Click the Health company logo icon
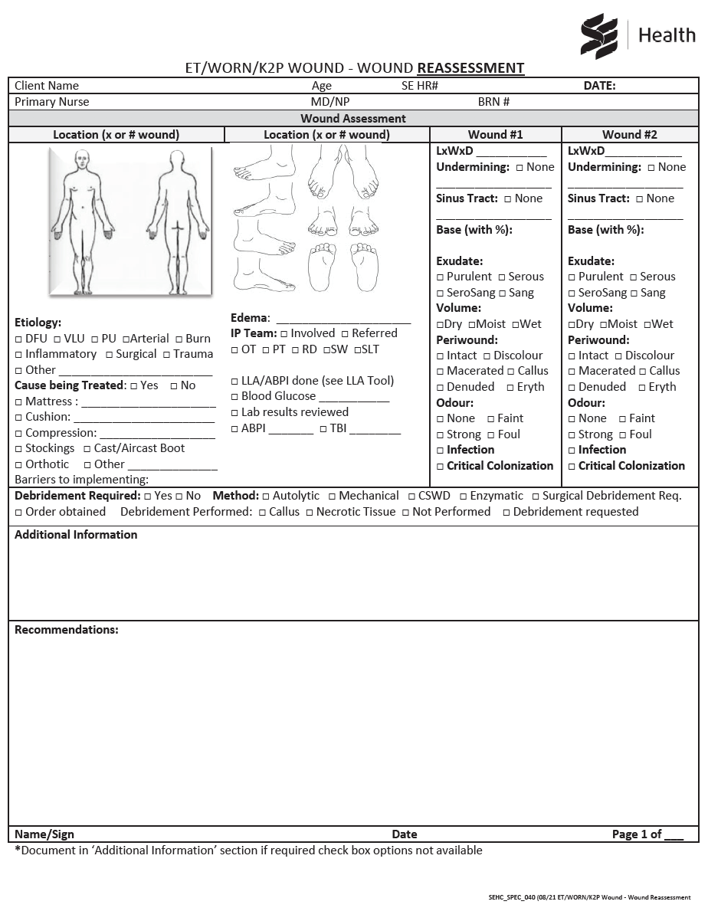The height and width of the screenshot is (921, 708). pos(599,36)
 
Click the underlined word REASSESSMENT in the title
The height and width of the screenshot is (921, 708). pos(470,68)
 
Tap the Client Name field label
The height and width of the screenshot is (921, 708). pos(47,86)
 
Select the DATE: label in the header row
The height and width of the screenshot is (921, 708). pos(599,86)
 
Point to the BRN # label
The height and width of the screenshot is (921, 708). pos(493,102)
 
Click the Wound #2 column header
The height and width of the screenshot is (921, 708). pos(630,135)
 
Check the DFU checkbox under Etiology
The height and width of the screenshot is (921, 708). pos(18,339)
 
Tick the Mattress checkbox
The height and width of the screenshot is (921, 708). pos(18,402)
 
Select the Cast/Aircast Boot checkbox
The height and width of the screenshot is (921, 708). pos(87,449)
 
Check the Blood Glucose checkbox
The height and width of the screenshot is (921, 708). pos(235,397)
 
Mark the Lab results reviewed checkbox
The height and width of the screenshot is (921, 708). pos(235,413)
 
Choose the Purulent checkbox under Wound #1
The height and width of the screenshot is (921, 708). pos(441,277)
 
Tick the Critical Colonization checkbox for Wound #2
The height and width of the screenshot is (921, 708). pos(572,467)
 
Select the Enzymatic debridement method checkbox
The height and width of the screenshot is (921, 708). pos(463,497)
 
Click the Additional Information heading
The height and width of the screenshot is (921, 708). pos(76,535)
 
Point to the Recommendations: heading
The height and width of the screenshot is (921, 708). pos(67,630)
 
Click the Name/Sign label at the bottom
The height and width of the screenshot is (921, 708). pos(44,834)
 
